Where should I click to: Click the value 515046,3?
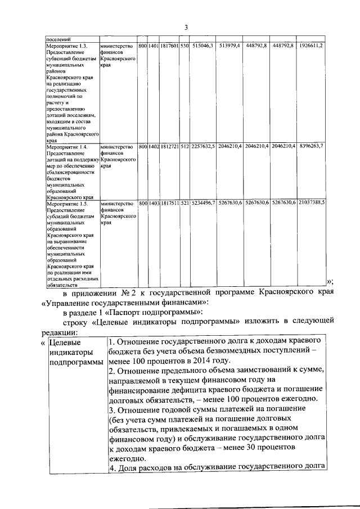click(x=202, y=45)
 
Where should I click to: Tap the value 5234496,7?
click(x=202, y=204)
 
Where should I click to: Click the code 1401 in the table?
click(x=153, y=45)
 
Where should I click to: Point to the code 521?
click(x=184, y=204)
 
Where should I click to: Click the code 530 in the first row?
click(x=184, y=45)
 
